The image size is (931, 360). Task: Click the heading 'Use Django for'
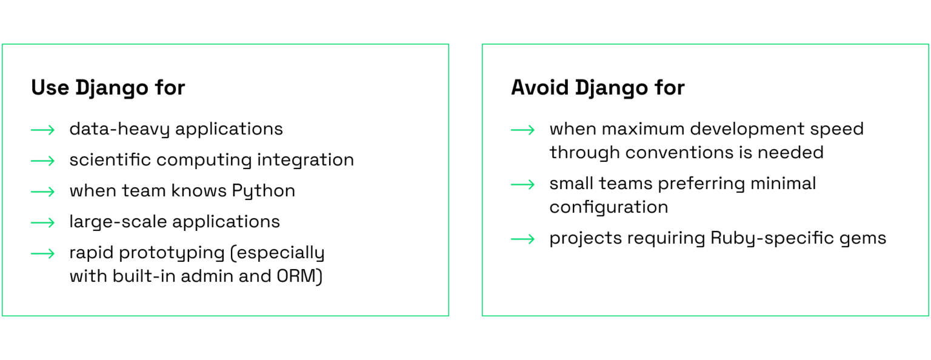108,88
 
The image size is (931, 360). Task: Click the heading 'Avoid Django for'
598,88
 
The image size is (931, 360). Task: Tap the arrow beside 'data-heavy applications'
43,130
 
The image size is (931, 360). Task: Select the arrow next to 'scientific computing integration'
43,161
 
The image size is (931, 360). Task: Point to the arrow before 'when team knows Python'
43,192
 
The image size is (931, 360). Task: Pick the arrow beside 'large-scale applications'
43,222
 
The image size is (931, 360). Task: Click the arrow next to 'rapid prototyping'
43,253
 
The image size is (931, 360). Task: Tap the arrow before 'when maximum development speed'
522,130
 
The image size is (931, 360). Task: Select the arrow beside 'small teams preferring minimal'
522,184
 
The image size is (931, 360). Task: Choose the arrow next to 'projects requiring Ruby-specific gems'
522,239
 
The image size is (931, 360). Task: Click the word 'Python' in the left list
264,192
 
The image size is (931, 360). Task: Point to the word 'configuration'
609,207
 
